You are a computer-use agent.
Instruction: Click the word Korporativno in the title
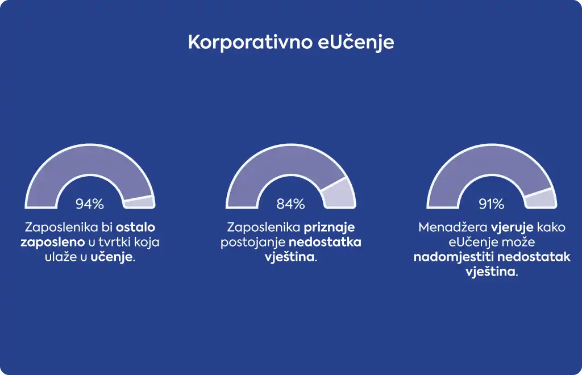tap(251, 42)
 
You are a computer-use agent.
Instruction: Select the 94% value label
tap(90, 203)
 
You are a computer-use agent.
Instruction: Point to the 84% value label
tap(290, 203)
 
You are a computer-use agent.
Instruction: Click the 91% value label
tap(492, 203)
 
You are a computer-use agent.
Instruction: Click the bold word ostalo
tap(135, 227)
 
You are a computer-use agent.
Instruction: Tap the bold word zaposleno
tap(53, 243)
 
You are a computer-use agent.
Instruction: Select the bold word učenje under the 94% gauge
tap(111, 257)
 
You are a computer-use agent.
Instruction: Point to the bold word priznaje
tap(329, 228)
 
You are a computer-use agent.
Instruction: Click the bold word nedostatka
tap(325, 242)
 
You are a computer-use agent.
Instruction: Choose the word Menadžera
tap(452, 227)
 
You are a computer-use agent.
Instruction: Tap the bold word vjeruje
tap(512, 228)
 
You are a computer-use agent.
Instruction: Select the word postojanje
tap(252, 243)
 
